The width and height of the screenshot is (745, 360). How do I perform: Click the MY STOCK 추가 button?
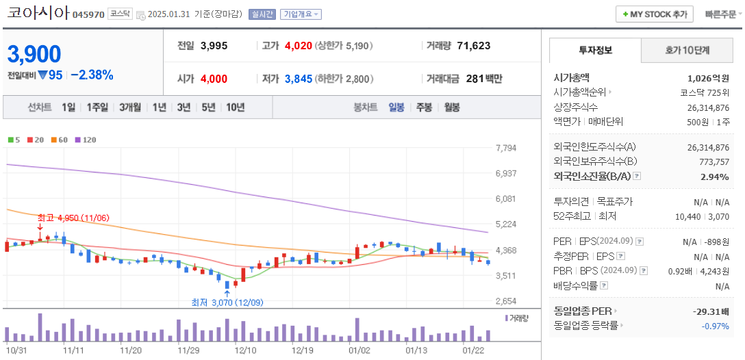click(654, 14)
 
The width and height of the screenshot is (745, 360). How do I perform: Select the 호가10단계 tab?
click(687, 50)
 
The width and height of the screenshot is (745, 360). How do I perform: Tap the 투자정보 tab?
click(595, 50)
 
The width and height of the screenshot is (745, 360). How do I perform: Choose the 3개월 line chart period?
click(129, 107)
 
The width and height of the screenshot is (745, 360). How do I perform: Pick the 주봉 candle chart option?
click(424, 107)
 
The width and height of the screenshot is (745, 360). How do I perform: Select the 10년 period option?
click(235, 107)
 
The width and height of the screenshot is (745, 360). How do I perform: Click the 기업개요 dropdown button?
click(300, 14)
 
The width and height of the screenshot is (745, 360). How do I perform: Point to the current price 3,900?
click(34, 54)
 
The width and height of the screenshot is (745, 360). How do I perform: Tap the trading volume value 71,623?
click(473, 46)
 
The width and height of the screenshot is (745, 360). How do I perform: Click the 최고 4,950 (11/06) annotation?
click(73, 218)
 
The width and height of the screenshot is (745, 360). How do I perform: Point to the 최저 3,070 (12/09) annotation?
click(227, 302)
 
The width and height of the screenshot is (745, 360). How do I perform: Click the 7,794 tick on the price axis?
click(505, 148)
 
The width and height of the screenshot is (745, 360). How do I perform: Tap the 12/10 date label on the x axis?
click(245, 350)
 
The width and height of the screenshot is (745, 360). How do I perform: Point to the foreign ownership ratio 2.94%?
click(715, 177)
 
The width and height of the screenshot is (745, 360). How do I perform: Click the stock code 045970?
click(88, 14)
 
